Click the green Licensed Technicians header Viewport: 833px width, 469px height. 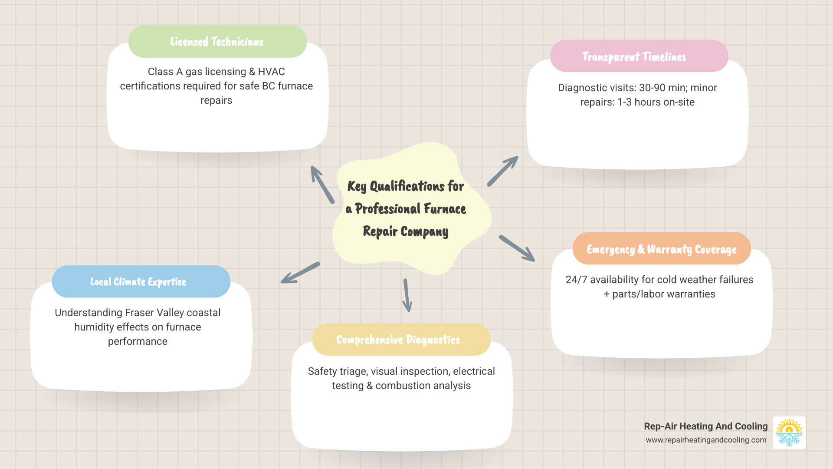tap(217, 42)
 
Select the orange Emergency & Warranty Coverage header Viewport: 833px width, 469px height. tap(661, 249)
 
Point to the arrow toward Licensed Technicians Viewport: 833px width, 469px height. tap(322, 185)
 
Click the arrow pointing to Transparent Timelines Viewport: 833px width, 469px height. tap(502, 171)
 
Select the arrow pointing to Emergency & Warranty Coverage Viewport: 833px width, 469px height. tap(517, 248)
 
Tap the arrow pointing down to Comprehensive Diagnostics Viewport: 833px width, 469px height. tap(407, 295)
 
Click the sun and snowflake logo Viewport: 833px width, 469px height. tap(789, 433)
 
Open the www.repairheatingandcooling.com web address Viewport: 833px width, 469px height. tap(706, 440)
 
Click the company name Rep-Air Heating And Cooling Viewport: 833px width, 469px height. tap(705, 426)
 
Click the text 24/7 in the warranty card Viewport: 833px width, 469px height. tap(576, 280)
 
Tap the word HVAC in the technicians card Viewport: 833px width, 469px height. tap(271, 72)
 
